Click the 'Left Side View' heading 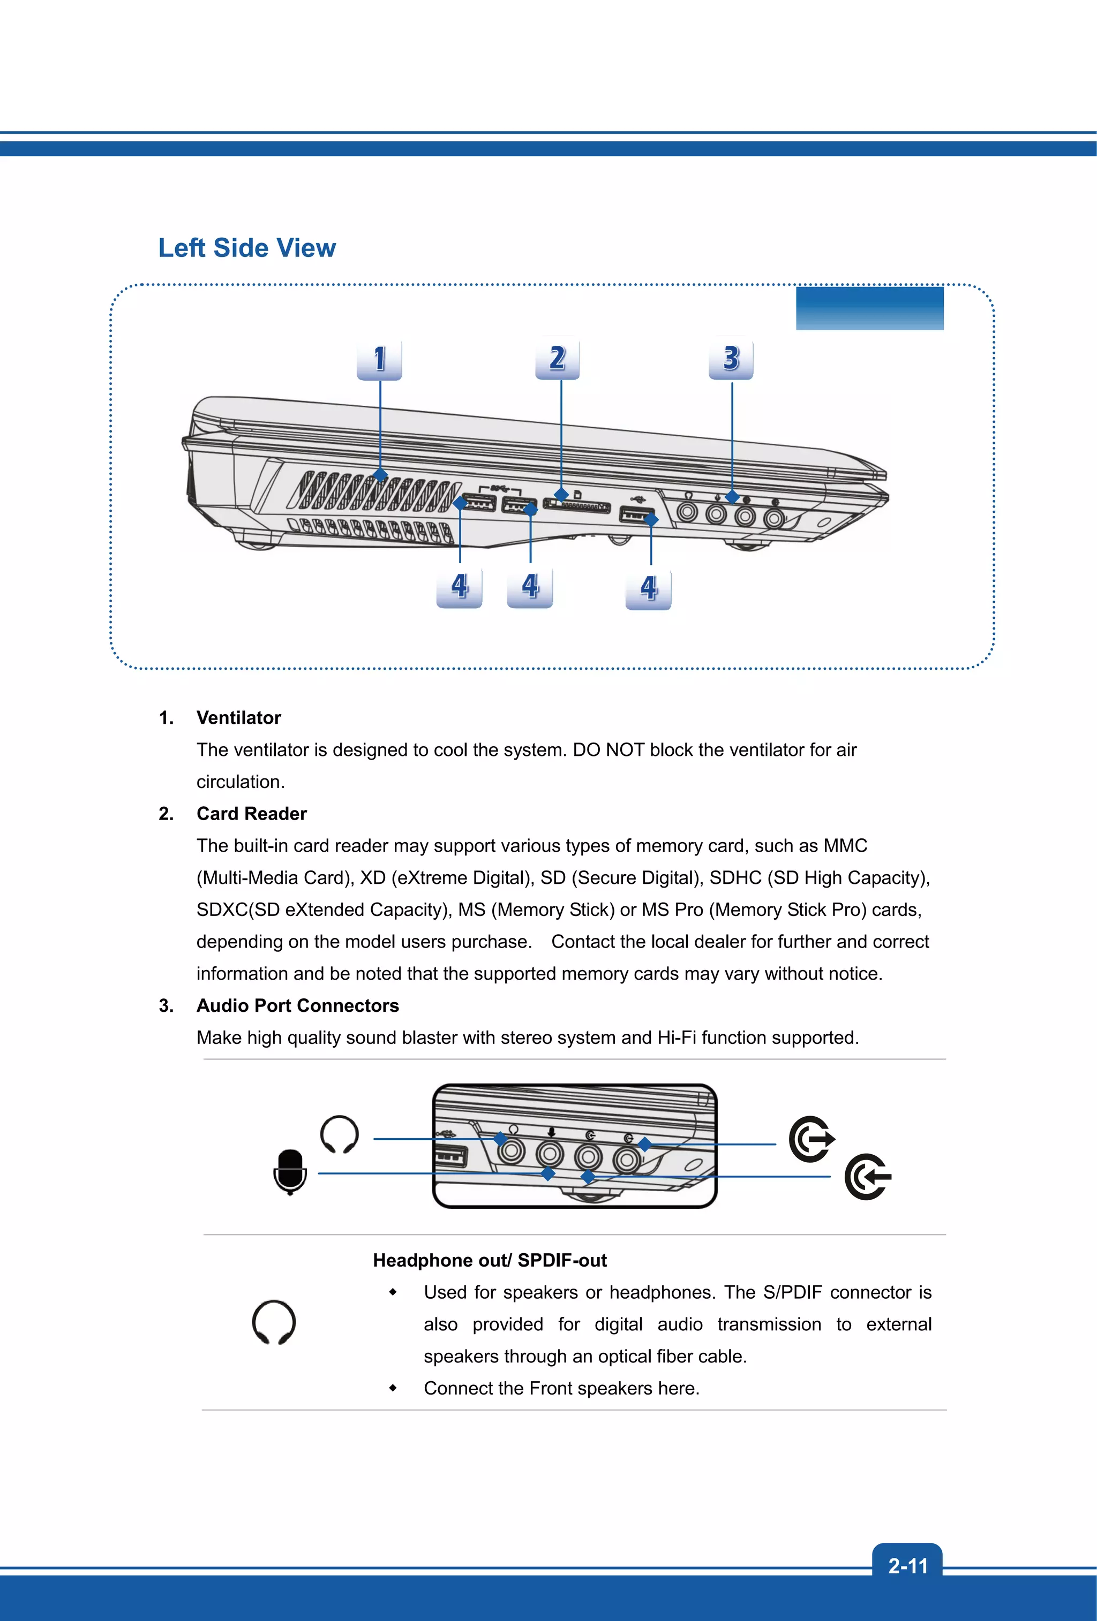pyautogui.click(x=247, y=248)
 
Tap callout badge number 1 pyautogui.click(x=379, y=359)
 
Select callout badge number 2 pyautogui.click(x=557, y=359)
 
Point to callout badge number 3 pyautogui.click(x=731, y=359)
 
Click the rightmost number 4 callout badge pyautogui.click(x=648, y=588)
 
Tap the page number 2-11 pyautogui.click(x=907, y=1566)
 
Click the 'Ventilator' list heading pyautogui.click(x=239, y=718)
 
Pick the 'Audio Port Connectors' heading pyautogui.click(x=297, y=1006)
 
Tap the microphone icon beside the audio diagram pyautogui.click(x=290, y=1171)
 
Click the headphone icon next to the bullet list pyautogui.click(x=274, y=1322)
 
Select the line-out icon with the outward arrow pyautogui.click(x=812, y=1139)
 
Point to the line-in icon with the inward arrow pyautogui.click(x=867, y=1177)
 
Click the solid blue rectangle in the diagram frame pyautogui.click(x=869, y=308)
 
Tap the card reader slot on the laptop pyautogui.click(x=577, y=506)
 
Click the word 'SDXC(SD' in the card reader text pyautogui.click(x=237, y=910)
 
